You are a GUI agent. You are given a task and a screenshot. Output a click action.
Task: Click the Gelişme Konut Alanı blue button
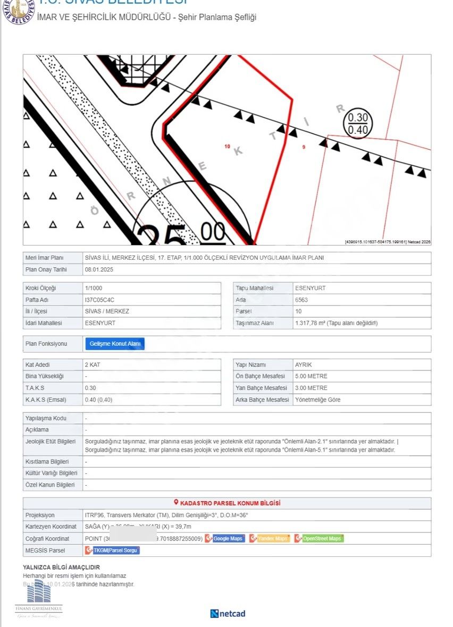115,344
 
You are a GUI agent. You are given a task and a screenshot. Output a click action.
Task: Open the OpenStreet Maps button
319,538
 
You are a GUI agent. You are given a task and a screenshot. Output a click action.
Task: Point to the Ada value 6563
301,300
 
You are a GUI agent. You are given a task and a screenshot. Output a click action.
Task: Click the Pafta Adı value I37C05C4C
99,300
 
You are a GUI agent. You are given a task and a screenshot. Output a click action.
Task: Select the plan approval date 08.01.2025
99,269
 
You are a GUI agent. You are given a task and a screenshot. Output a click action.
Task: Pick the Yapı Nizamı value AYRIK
304,365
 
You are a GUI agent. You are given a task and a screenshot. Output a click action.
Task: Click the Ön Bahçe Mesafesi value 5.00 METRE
311,376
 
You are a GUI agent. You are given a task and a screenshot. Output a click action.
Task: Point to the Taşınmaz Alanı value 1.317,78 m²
336,323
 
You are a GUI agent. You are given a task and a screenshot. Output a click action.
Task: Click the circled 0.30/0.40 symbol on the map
358,124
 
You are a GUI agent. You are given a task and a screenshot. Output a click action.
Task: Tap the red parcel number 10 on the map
228,146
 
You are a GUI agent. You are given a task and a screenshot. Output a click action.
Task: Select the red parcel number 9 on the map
304,147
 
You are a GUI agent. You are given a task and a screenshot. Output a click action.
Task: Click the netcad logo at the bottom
228,614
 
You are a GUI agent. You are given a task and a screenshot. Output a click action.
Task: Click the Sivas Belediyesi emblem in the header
19,11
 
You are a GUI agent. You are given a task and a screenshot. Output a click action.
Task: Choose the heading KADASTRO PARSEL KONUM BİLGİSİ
230,503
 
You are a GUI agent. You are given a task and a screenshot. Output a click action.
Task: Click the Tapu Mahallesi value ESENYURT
310,288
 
